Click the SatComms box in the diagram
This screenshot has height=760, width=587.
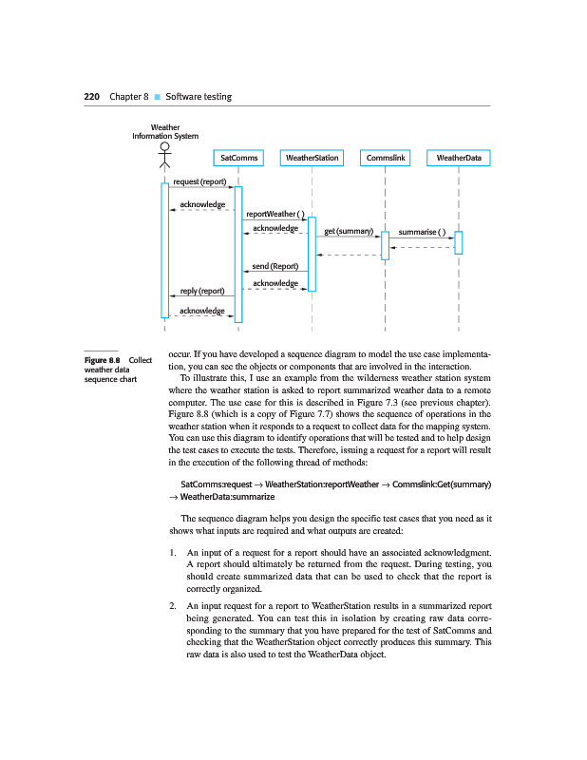[238, 158]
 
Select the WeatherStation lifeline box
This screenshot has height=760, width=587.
[312, 158]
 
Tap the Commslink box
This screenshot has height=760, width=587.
[385, 158]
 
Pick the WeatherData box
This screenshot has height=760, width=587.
[459, 158]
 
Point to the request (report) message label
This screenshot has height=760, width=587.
[199, 181]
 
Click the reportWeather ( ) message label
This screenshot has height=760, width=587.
[274, 213]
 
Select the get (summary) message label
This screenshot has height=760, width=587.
[348, 231]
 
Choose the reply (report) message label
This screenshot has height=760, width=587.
[201, 291]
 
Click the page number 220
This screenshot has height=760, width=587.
[92, 97]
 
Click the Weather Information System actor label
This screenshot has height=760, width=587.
[165, 131]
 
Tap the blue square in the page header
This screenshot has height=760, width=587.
[158, 97]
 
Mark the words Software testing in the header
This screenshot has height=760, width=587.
[199, 97]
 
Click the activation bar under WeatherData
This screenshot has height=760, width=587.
[459, 242]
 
